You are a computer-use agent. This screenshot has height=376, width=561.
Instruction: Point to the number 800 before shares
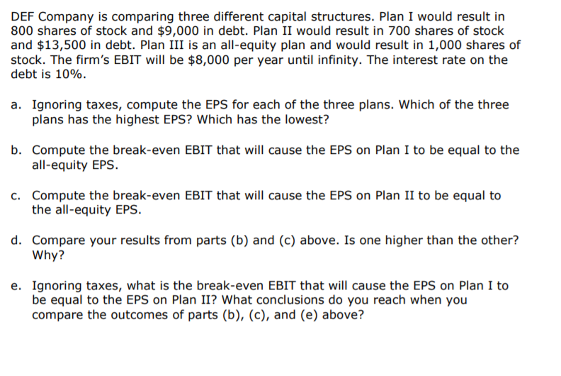pos(23,31)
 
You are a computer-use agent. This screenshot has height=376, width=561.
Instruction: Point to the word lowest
pos(305,119)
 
